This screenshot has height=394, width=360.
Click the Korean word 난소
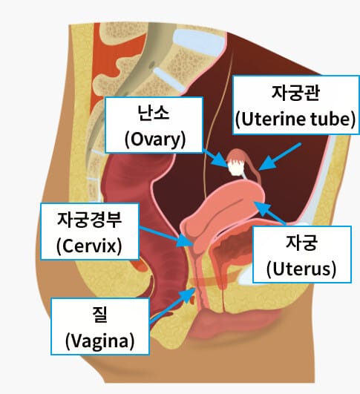pyautogui.click(x=154, y=113)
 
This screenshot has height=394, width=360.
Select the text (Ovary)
pyautogui.click(x=155, y=139)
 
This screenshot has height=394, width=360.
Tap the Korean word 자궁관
pyautogui.click(x=295, y=93)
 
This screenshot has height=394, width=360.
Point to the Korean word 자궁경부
pyautogui.click(x=90, y=220)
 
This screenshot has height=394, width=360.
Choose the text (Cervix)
pyautogui.click(x=89, y=246)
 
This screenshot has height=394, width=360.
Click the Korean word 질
pyautogui.click(x=99, y=315)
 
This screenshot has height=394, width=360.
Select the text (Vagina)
pyautogui.click(x=99, y=341)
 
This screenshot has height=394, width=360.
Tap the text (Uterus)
pyautogui.click(x=301, y=269)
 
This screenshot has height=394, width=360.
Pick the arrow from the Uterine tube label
pyautogui.click(x=279, y=157)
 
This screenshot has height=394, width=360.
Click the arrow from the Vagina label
pyautogui.click(x=172, y=305)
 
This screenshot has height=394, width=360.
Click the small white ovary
pyautogui.click(x=235, y=169)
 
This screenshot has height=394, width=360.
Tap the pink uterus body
pyautogui.click(x=223, y=209)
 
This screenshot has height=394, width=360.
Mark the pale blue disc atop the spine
pyautogui.click(x=199, y=42)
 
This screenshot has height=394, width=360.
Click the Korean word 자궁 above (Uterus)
pyautogui.click(x=301, y=243)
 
